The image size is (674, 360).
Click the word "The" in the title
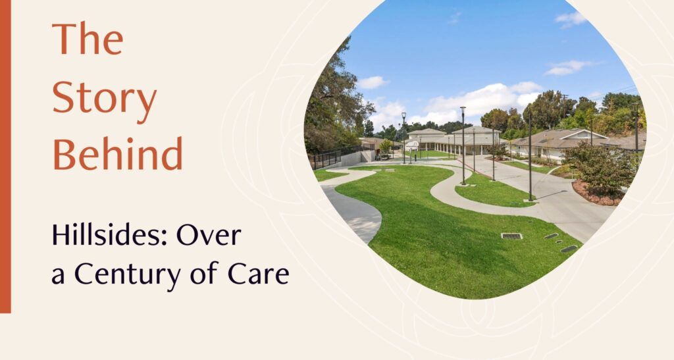(x=88, y=39)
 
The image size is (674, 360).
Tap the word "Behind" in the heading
(x=117, y=153)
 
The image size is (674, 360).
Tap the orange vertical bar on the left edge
(x=5, y=157)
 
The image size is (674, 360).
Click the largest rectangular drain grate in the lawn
(x=511, y=236)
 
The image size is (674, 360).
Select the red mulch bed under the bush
(x=595, y=193)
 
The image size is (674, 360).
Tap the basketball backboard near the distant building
(x=411, y=145)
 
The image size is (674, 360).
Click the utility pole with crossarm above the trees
(x=564, y=101)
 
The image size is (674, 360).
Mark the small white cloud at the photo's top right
(x=570, y=18)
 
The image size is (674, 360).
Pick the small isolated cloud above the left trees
(x=373, y=82)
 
